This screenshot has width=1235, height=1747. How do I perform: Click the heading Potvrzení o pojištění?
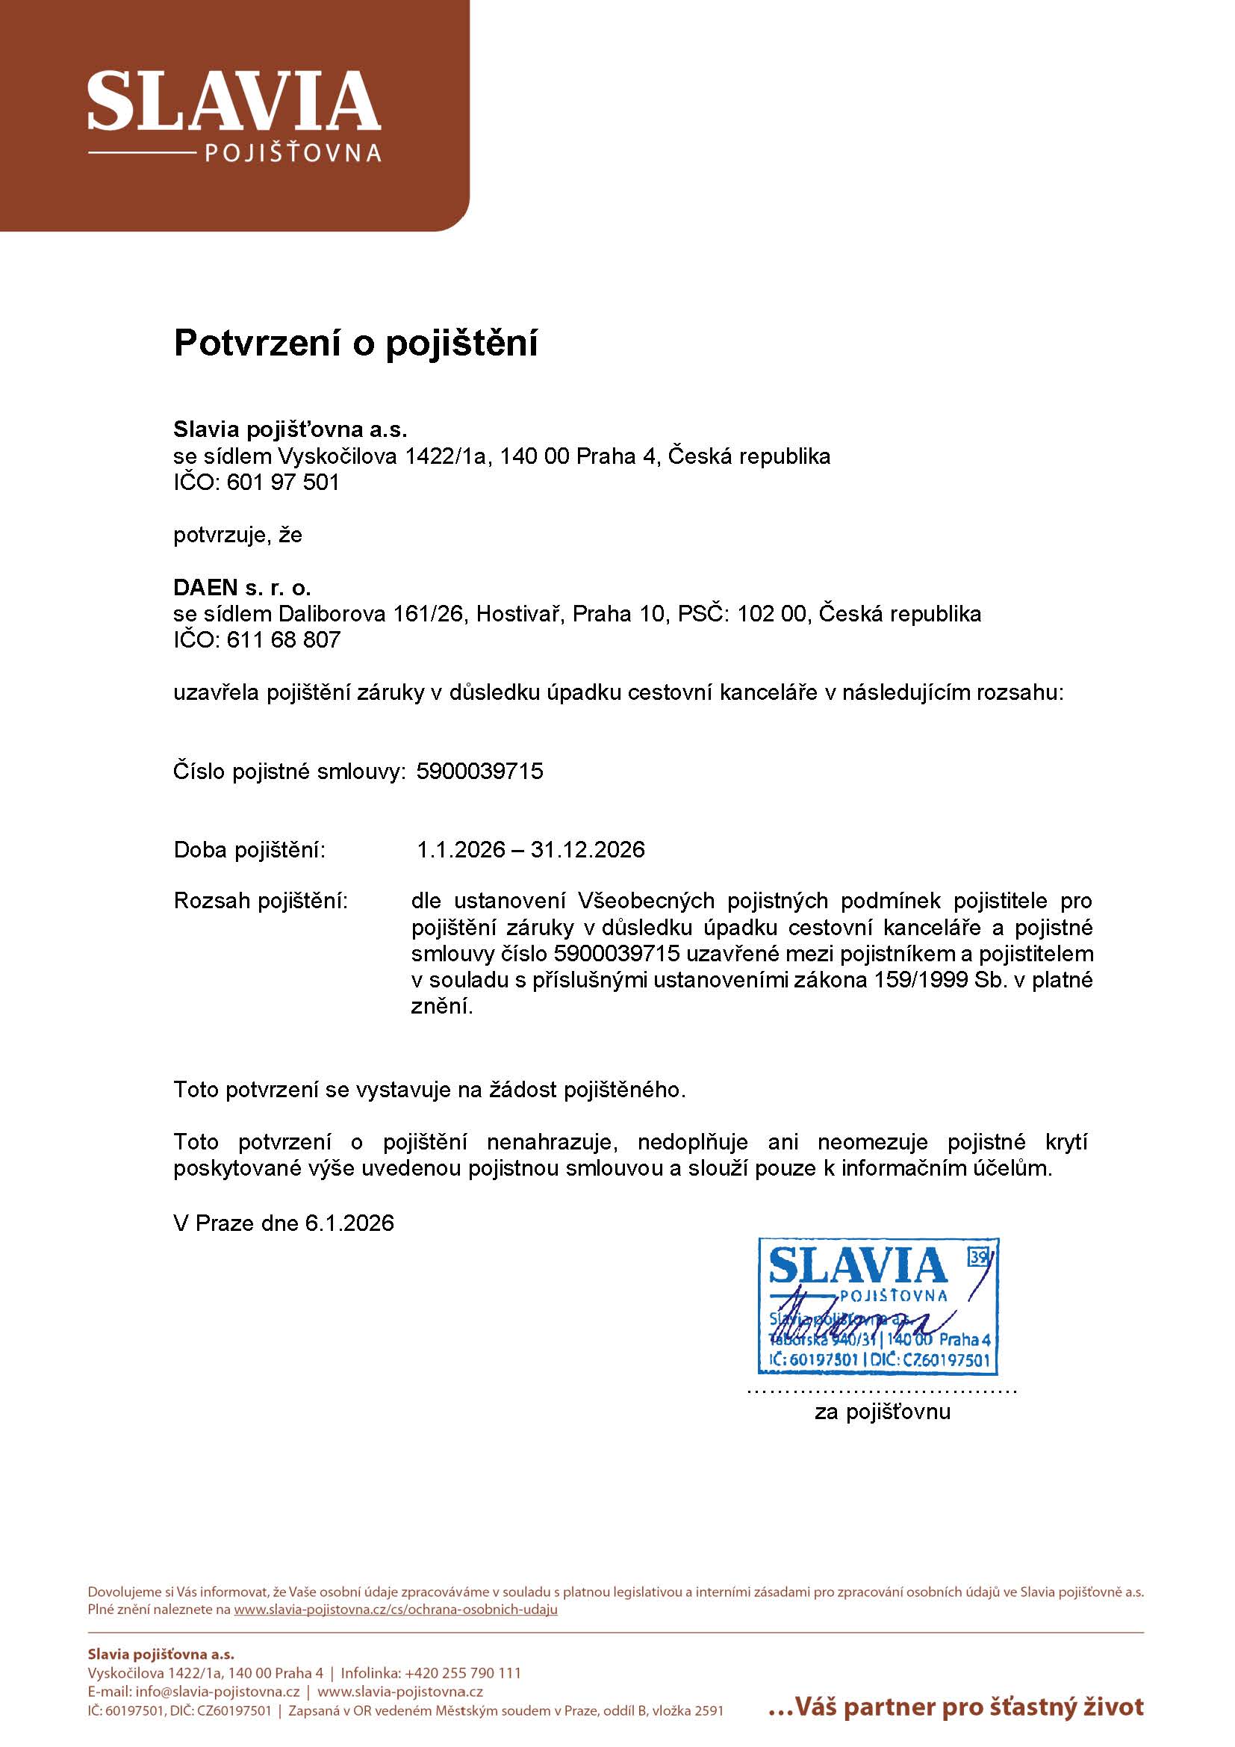coord(355,343)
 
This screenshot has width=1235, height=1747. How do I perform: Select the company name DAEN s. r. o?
coord(242,587)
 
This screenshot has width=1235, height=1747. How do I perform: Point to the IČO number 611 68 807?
coord(283,640)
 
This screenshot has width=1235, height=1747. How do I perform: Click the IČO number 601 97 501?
coord(282,482)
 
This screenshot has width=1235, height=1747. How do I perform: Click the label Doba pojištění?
coord(249,850)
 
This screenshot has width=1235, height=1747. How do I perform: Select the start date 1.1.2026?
coord(461,850)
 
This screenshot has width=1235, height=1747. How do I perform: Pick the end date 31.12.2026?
coord(587,850)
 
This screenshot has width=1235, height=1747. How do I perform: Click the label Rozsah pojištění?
coord(260,901)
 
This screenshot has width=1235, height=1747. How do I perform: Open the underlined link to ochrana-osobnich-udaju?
coord(396,1610)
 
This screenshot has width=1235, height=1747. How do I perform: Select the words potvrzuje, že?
coord(237,535)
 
